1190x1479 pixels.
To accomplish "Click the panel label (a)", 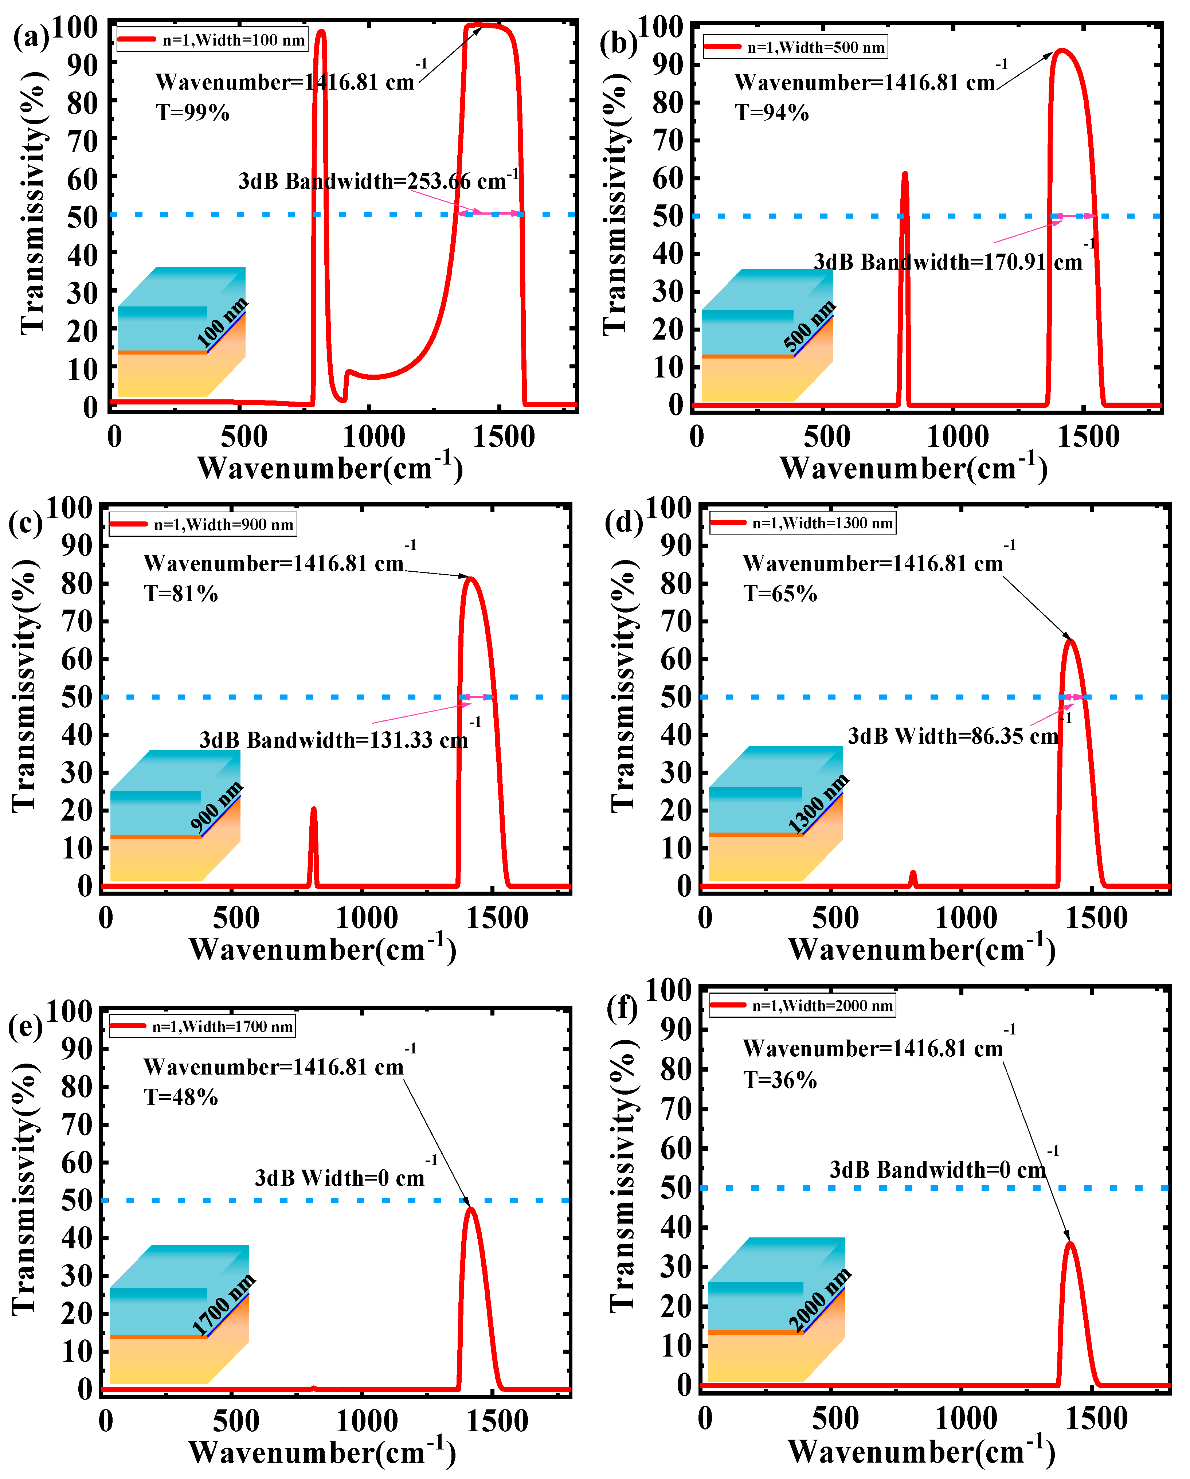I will [31, 38].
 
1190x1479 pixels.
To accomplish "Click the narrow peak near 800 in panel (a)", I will [320, 34].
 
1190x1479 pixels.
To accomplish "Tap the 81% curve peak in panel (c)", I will [470, 580].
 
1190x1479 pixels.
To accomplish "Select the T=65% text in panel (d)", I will [780, 593].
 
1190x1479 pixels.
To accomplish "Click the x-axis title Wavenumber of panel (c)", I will [322, 950].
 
